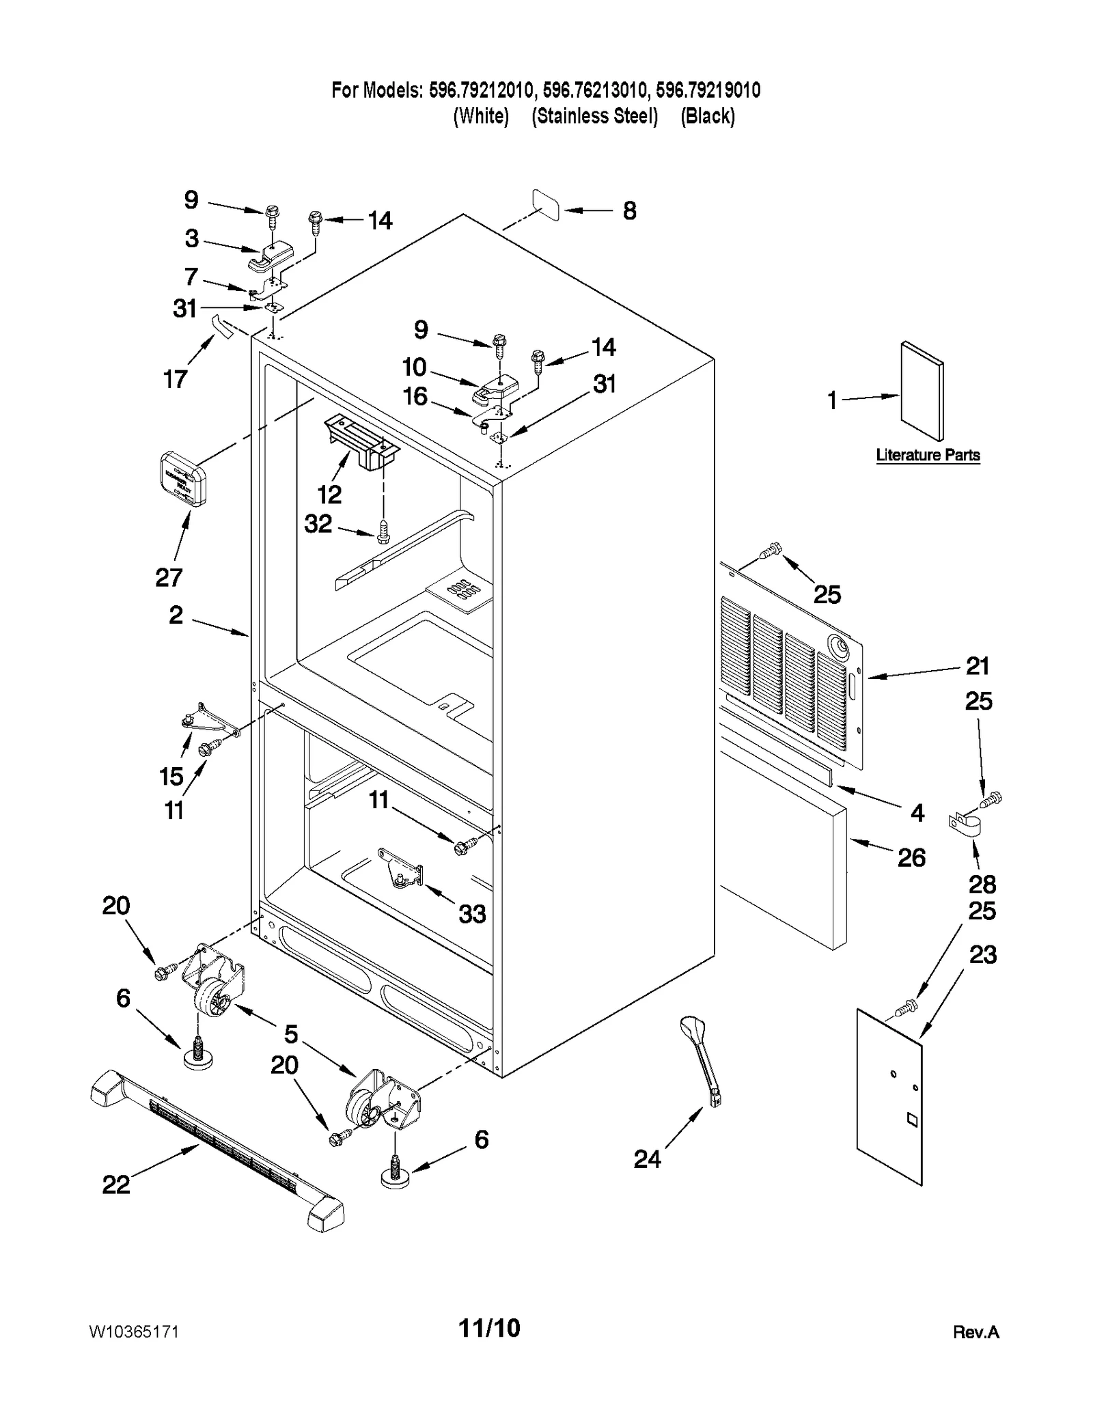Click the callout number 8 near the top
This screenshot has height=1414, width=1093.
pos(629,210)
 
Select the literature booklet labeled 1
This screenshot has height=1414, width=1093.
pos(922,391)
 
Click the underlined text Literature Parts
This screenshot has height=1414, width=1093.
pos(928,455)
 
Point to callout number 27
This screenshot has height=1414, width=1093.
pos(169,577)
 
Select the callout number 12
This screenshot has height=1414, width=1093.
pos(329,494)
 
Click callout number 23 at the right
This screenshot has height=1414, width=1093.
pos(982,954)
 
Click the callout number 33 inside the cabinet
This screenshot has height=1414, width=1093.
pos(472,913)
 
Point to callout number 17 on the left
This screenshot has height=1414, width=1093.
pos(175,378)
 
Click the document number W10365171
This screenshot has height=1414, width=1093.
pos(134,1332)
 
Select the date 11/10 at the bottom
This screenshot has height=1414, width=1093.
pos(489,1328)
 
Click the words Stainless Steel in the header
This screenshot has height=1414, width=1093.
pos(594,116)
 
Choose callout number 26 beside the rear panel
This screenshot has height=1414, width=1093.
pos(911,857)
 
